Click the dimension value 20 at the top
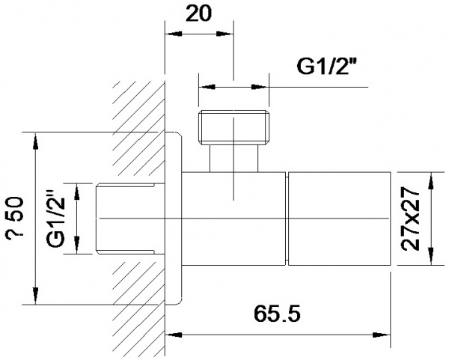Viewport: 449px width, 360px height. [x=198, y=13]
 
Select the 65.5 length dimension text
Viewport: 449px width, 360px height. [x=277, y=314]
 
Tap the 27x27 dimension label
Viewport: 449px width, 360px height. [x=410, y=219]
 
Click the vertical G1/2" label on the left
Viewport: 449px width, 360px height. [x=56, y=219]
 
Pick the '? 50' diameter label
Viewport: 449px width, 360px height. [x=15, y=216]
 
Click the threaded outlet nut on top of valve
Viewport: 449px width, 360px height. [x=233, y=127]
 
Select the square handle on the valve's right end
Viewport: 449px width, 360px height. [x=340, y=219]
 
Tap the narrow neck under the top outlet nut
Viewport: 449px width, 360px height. [x=233, y=158]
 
